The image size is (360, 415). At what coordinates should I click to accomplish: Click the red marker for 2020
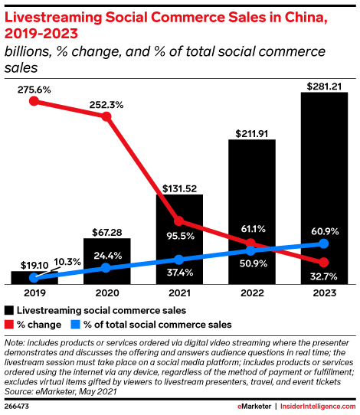coord(106,117)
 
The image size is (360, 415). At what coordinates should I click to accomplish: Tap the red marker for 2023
coord(323,264)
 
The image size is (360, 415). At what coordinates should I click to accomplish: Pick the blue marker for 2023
coord(323,243)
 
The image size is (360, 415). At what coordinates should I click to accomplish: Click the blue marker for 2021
coord(178,260)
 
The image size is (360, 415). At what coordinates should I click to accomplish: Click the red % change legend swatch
coord(10,324)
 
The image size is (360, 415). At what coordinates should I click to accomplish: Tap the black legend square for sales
coord(10,311)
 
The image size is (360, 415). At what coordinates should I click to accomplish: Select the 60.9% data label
coord(323,230)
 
